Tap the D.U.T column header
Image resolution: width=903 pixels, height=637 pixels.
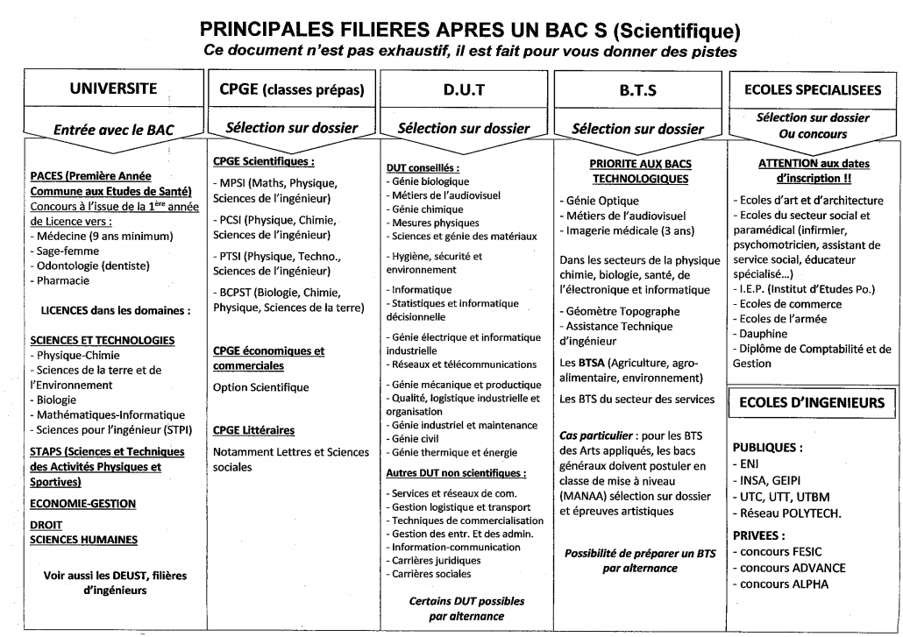(464, 88)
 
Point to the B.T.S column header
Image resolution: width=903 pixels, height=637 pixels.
(638, 88)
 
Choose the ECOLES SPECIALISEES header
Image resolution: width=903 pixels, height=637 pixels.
(811, 88)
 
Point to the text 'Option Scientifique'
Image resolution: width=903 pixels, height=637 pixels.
(261, 386)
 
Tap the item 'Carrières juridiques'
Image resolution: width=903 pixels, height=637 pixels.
(437, 559)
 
